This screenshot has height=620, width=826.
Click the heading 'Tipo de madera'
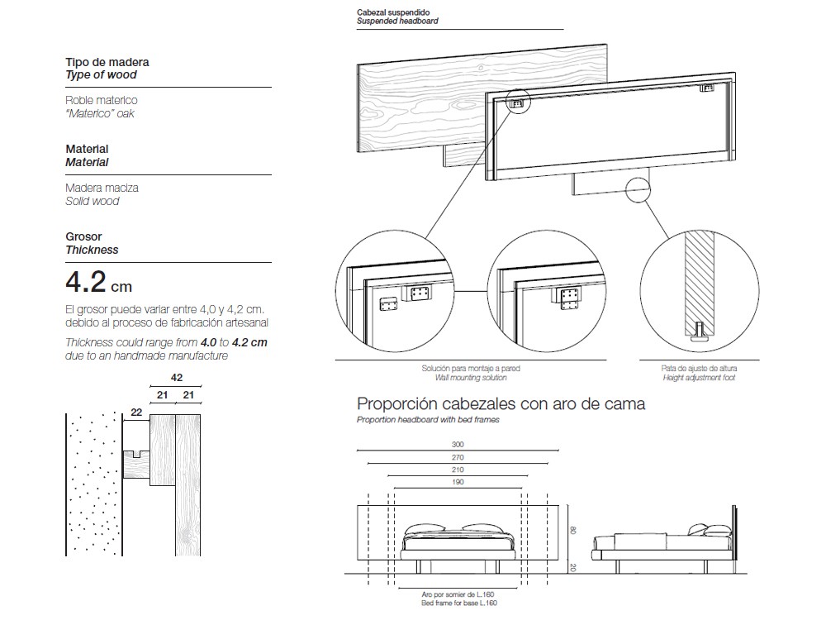[x=107, y=62]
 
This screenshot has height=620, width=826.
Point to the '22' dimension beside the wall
[x=136, y=413]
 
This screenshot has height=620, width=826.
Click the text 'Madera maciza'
[x=102, y=188]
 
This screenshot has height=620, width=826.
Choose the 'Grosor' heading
[x=83, y=236]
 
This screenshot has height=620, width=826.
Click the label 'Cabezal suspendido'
[x=393, y=12]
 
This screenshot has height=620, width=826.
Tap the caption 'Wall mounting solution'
[x=471, y=378]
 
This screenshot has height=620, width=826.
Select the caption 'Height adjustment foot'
[x=699, y=378]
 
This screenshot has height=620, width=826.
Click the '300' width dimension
[x=458, y=445]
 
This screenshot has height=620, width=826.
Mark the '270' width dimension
[x=458, y=456]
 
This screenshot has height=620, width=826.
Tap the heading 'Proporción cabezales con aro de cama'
[x=501, y=404]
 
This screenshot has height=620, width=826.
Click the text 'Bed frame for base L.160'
[x=459, y=603]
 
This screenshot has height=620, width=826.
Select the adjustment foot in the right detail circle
[x=699, y=332]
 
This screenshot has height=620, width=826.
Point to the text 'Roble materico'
[x=102, y=100]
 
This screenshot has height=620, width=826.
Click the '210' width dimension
[x=458, y=469]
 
